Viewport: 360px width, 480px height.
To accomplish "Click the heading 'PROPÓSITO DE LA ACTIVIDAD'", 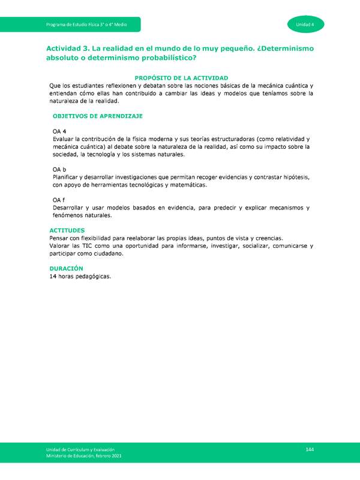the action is (181, 78).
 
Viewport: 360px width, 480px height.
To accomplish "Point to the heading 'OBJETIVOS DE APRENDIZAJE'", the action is (97, 115).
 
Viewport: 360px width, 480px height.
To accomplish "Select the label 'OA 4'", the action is (59, 131).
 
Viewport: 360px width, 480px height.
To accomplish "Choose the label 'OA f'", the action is (59, 200).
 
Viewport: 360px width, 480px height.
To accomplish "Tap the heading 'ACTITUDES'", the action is (67, 230).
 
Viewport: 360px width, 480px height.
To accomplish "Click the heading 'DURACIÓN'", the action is (66, 268).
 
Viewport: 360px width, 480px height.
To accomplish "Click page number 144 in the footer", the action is (310, 450).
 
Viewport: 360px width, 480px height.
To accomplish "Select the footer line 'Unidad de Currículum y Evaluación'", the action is (80, 450).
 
